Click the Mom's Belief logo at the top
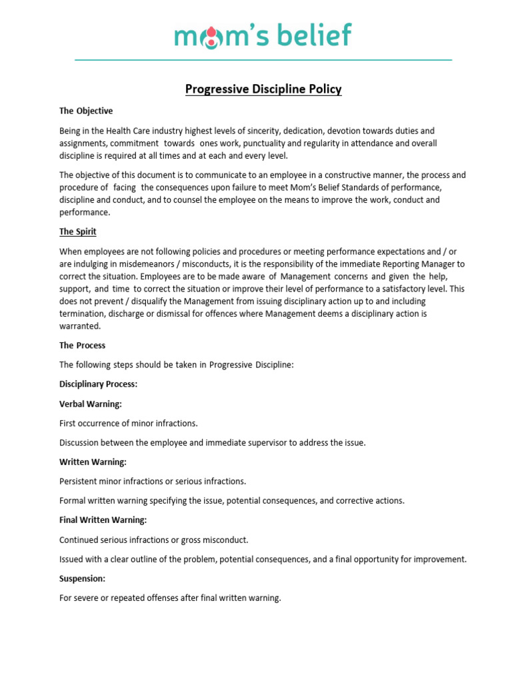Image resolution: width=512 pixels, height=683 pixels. click(263, 35)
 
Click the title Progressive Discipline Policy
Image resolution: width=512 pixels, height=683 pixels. click(263, 89)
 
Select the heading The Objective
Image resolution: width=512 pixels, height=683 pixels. click(86, 111)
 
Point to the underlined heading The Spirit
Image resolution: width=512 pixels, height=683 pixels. click(78, 231)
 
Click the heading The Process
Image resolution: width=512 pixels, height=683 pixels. click(82, 346)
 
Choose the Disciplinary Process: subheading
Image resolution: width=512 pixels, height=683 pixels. click(98, 384)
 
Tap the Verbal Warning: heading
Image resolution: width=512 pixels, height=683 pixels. click(90, 404)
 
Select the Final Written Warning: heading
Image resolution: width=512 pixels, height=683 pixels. click(103, 520)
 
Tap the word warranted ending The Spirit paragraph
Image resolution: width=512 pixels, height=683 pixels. click(80, 326)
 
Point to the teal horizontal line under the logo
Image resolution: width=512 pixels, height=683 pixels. click(263, 60)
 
